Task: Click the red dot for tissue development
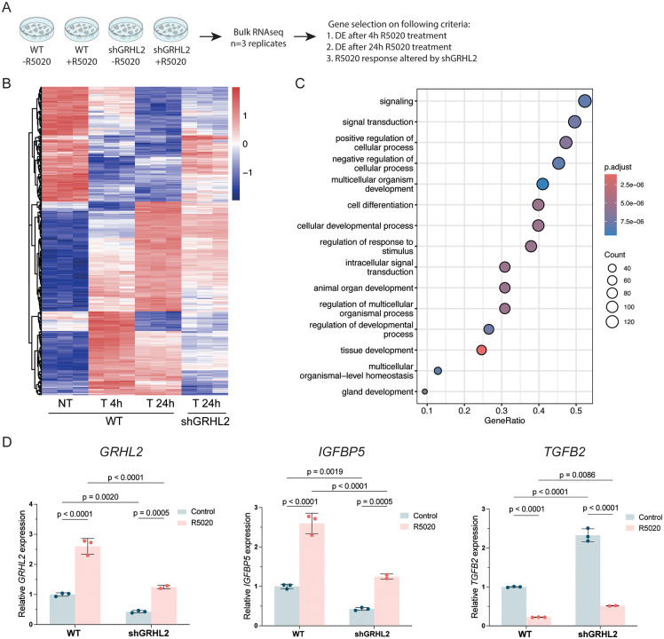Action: (481, 351)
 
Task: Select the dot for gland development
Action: (424, 391)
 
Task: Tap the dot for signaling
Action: (585, 101)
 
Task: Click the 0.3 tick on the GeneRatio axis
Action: (502, 410)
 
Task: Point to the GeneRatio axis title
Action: (504, 421)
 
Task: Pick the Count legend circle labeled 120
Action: (613, 322)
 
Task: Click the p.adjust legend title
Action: (618, 167)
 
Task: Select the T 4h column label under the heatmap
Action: (111, 403)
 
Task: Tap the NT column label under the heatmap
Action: (65, 403)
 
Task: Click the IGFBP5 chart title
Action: (341, 453)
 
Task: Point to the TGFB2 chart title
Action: (565, 452)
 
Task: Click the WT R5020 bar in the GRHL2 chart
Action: (88, 585)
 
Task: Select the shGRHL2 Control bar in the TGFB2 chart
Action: (588, 580)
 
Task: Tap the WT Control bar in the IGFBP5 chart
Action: (287, 605)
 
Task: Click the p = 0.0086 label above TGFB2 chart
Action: (577, 475)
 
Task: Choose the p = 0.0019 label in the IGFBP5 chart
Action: (325, 471)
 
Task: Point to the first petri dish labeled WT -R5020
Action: (37, 29)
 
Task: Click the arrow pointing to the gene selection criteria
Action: (304, 37)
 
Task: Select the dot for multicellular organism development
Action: (542, 185)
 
